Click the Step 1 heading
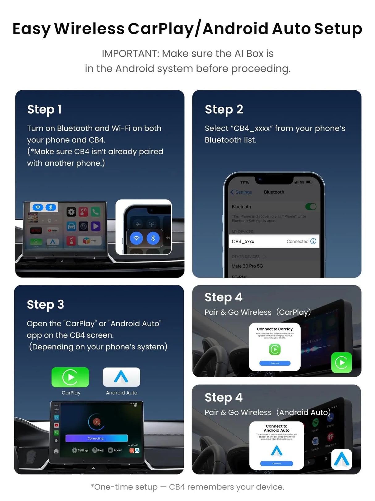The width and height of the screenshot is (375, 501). (44, 110)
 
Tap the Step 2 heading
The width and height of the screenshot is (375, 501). (224, 110)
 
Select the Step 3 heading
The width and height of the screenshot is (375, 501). (45, 305)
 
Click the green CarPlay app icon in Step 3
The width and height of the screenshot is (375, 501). (70, 377)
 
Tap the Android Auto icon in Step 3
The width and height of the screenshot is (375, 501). (121, 377)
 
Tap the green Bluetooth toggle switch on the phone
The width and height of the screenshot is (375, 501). (311, 207)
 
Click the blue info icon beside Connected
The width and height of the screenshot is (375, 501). (313, 241)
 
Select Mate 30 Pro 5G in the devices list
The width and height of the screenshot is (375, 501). (247, 266)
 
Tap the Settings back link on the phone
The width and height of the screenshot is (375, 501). (241, 192)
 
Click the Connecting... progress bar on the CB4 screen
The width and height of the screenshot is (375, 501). (96, 438)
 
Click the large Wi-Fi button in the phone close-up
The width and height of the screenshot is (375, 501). (136, 238)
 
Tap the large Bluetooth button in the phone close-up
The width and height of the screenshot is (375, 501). (153, 238)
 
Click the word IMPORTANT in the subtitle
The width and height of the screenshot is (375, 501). (130, 54)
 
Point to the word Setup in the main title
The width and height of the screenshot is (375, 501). (338, 29)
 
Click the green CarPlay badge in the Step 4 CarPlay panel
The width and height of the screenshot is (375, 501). (341, 363)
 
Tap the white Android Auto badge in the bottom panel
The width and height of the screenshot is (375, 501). (341, 460)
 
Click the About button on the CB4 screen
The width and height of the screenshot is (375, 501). (115, 450)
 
